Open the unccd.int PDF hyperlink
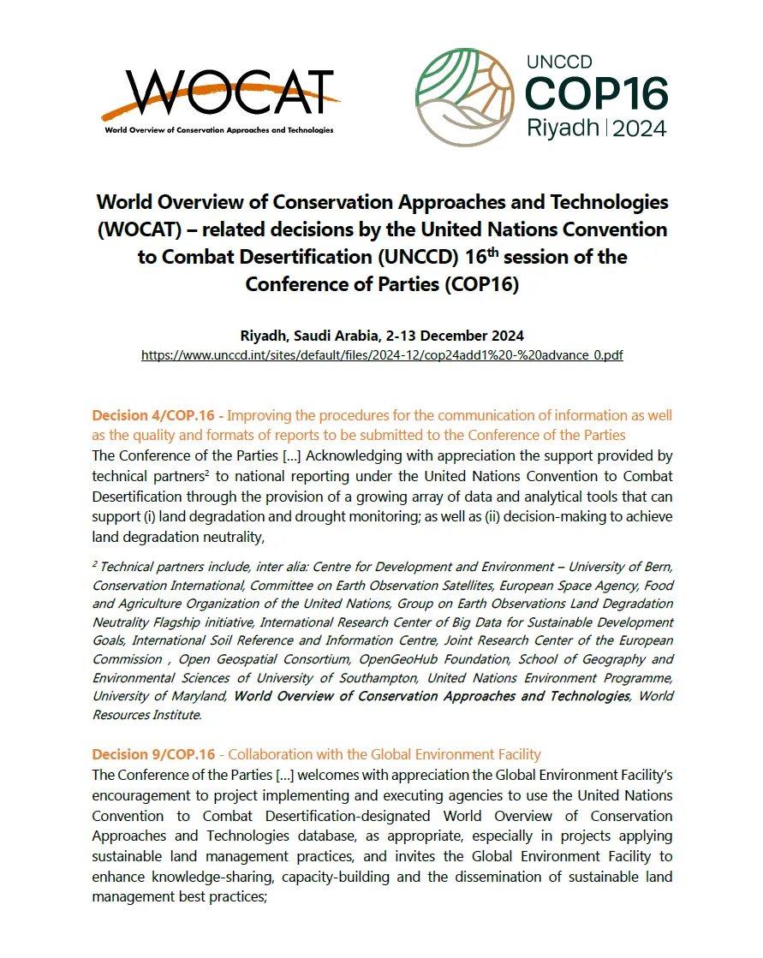click(x=382, y=354)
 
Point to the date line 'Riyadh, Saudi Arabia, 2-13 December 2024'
click(x=382, y=335)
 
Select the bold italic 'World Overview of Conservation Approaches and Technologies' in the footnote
click(x=432, y=696)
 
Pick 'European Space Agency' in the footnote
click(x=581, y=586)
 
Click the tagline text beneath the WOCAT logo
click(x=218, y=130)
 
